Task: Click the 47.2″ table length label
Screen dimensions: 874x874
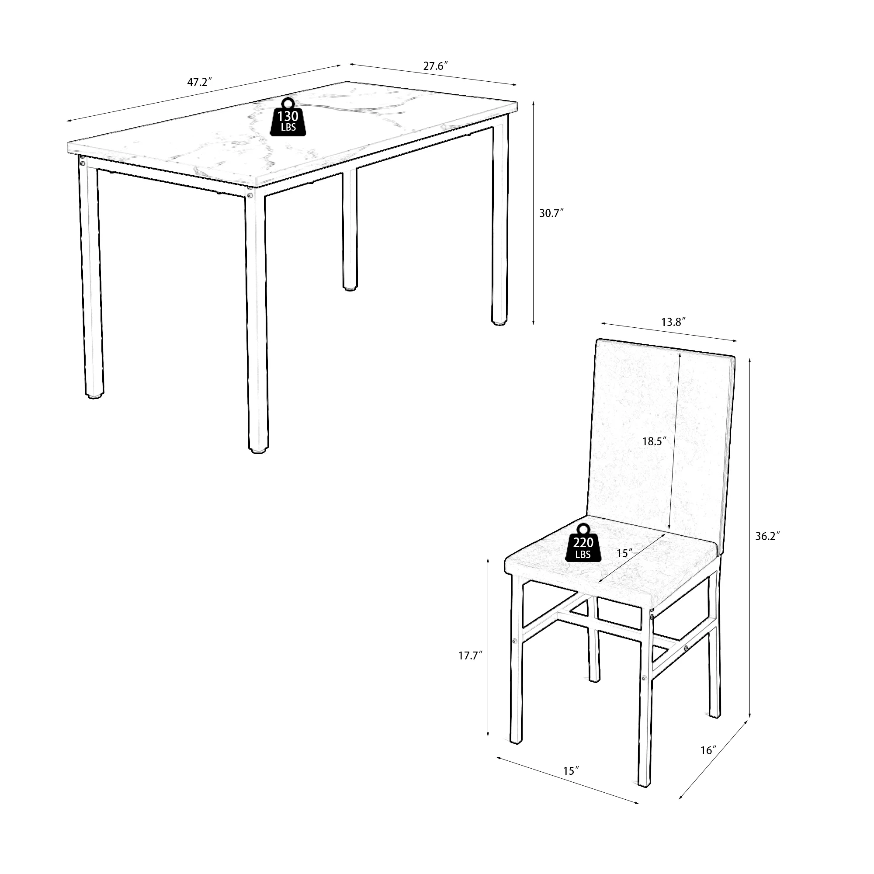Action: click(x=200, y=82)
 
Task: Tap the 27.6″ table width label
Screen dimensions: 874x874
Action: click(x=436, y=66)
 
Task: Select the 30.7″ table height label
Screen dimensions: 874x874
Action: click(x=551, y=213)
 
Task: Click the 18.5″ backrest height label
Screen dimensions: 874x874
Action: click(x=655, y=441)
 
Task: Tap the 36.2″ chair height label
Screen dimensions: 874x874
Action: click(x=768, y=536)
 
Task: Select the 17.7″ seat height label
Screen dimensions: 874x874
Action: click(x=471, y=655)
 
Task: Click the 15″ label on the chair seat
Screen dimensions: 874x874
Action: click(x=625, y=553)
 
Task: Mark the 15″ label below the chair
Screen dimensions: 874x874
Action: click(x=571, y=770)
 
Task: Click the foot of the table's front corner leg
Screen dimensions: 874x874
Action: click(x=258, y=451)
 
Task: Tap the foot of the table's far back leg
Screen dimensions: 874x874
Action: click(x=349, y=287)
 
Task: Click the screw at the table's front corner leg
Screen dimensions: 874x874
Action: click(x=249, y=195)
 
